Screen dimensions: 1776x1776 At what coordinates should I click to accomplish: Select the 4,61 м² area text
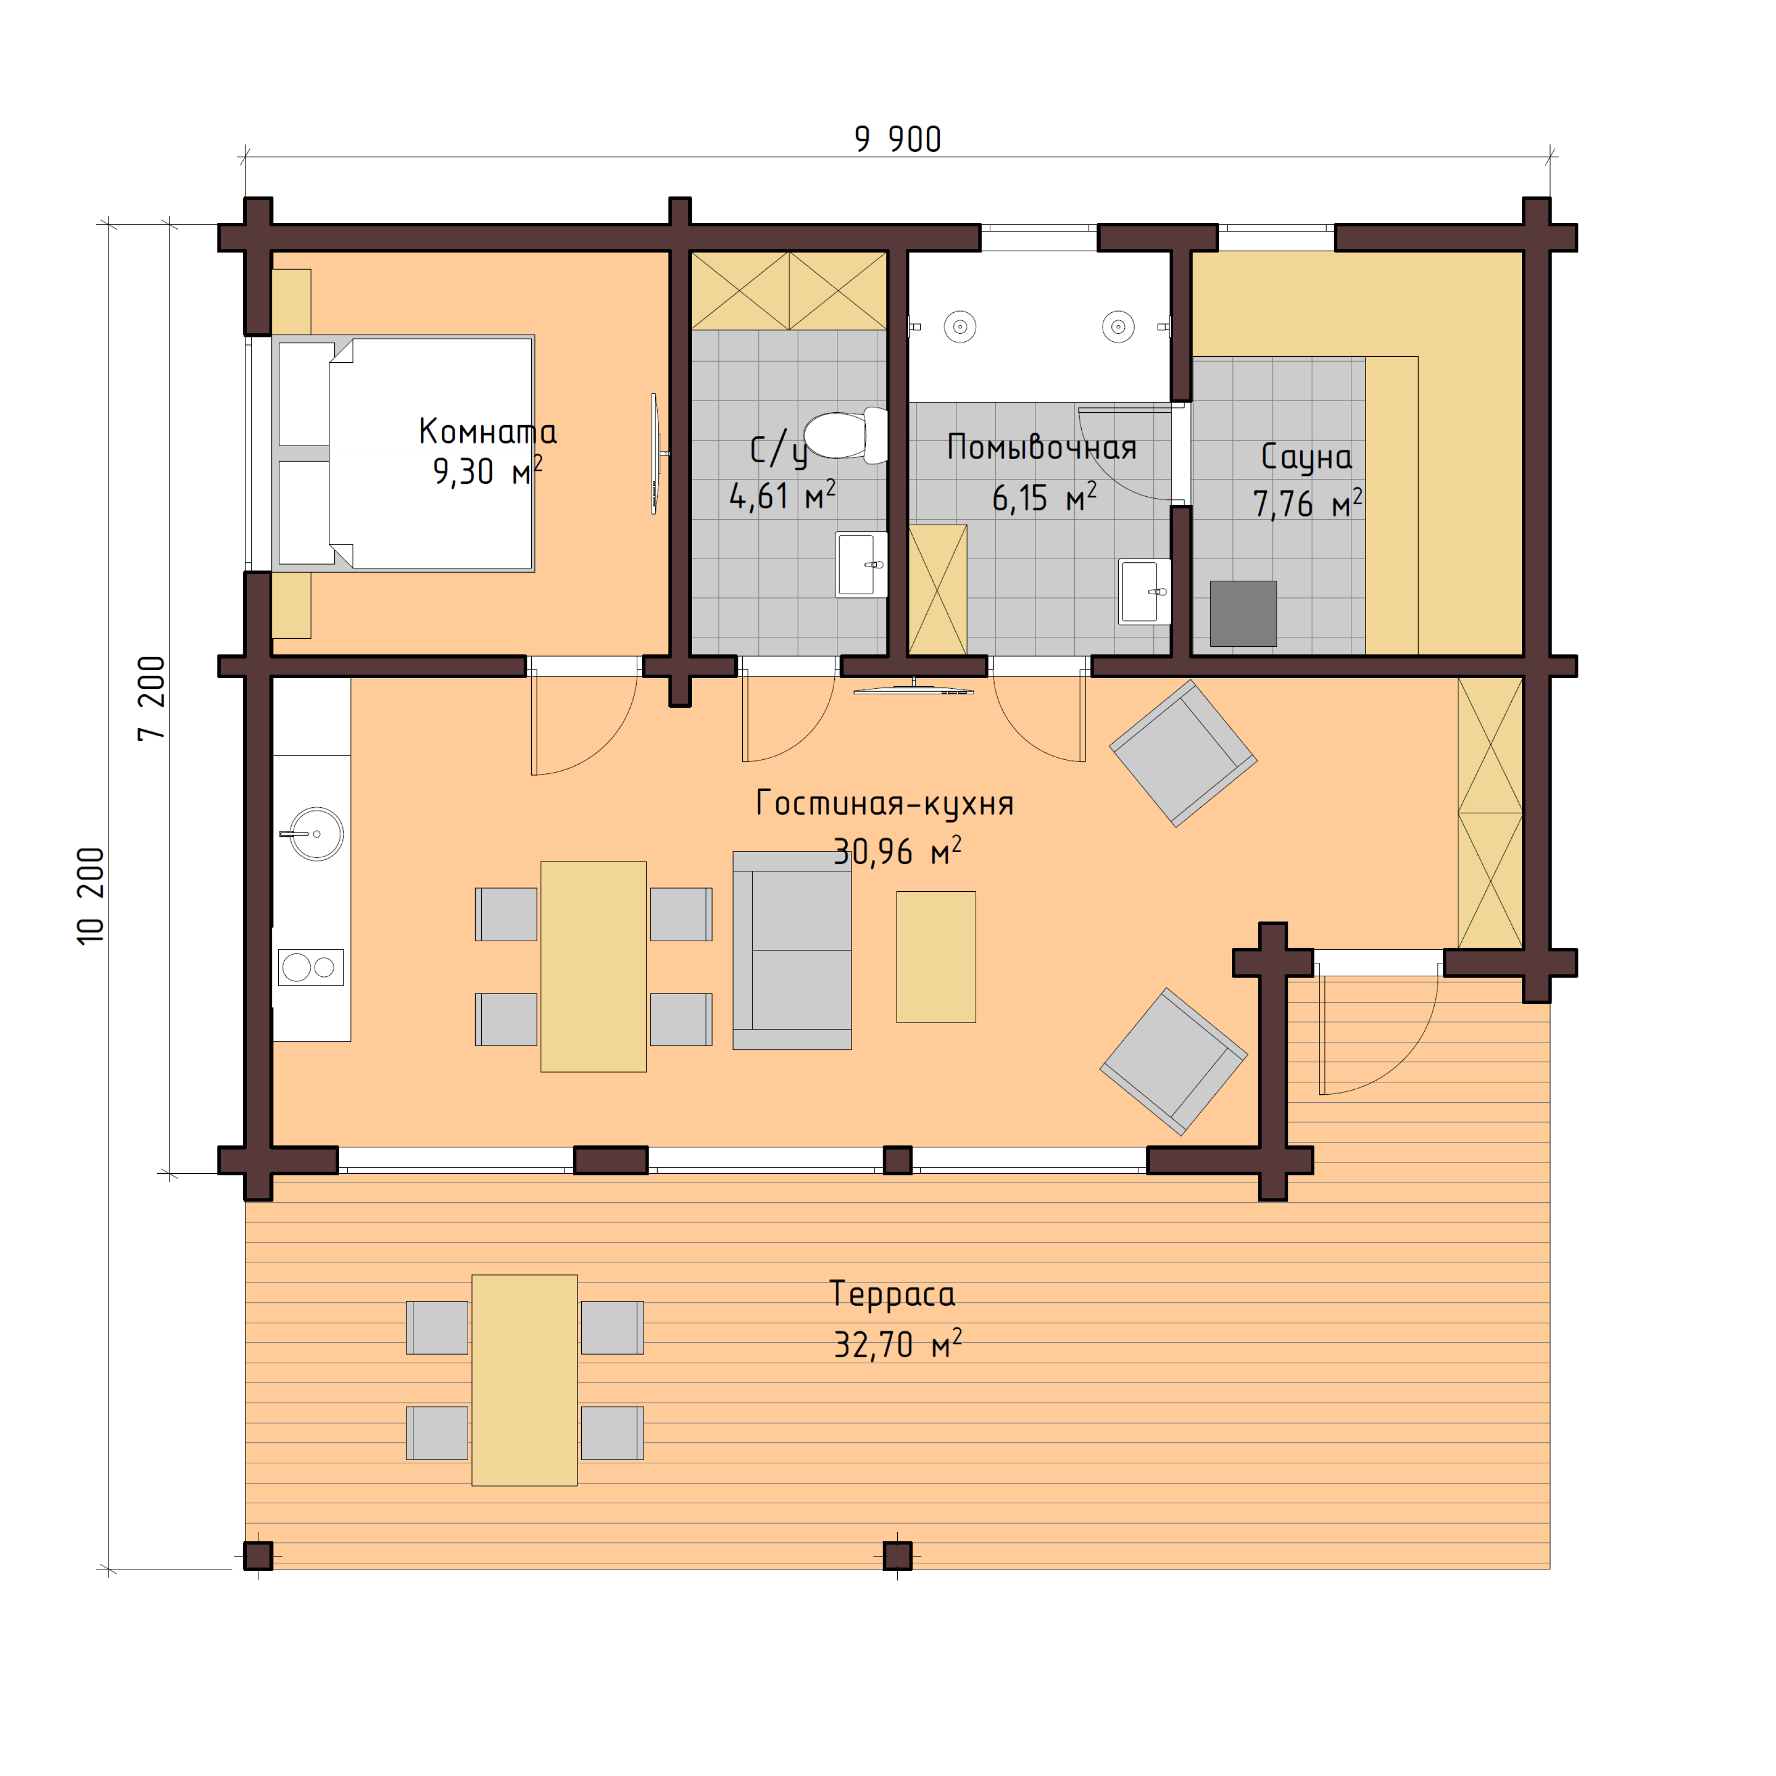tap(781, 496)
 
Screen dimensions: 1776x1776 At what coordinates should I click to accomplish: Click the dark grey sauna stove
tap(1243, 613)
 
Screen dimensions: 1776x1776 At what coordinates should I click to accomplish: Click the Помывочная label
tap(1041, 448)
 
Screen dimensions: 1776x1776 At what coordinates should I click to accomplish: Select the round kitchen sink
tap(316, 834)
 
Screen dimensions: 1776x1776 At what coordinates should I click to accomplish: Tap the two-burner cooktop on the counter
tap(311, 967)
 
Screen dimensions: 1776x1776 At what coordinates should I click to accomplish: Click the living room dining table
tap(593, 966)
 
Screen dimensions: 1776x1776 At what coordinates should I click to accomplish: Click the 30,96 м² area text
tap(896, 852)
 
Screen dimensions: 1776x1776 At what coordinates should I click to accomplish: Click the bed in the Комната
tap(405, 453)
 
